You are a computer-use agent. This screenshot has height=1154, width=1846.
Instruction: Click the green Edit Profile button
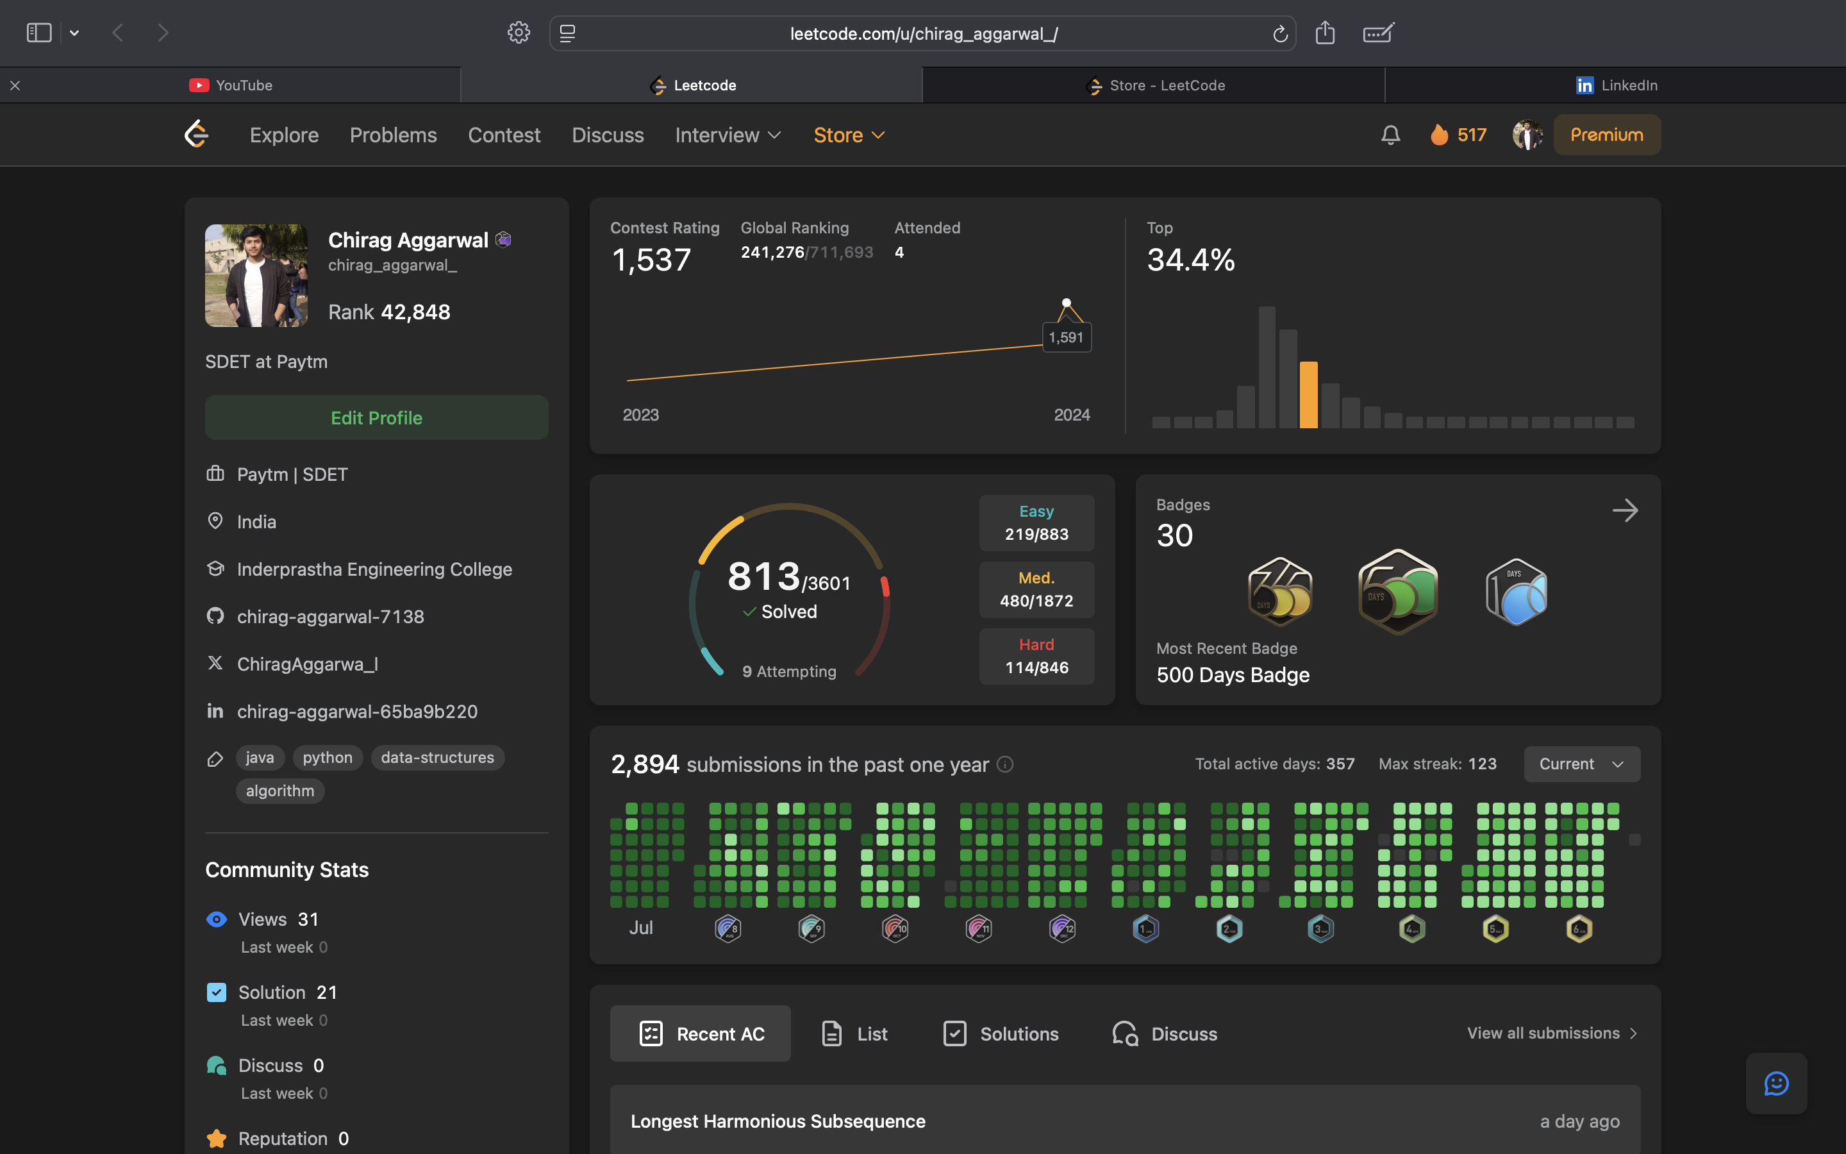tap(376, 417)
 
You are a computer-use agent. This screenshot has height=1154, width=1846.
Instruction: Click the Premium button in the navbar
tap(1606, 135)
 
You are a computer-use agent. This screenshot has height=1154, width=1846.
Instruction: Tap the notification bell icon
tap(1390, 135)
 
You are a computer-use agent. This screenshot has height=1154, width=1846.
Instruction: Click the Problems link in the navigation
tap(393, 135)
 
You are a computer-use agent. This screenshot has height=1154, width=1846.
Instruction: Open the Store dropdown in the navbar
tap(848, 135)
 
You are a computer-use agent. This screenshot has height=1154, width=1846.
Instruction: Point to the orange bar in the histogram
tap(1308, 394)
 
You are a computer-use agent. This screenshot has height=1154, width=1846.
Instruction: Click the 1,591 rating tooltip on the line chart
tap(1066, 337)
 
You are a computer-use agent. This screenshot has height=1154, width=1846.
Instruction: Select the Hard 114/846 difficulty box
tap(1036, 656)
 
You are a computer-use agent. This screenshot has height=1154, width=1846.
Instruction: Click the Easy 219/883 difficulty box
tap(1036, 523)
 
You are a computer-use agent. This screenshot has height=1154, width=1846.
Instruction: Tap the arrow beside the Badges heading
tap(1625, 510)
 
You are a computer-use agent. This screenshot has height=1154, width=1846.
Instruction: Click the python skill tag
tap(328, 758)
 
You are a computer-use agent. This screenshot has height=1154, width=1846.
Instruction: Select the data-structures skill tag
tap(437, 758)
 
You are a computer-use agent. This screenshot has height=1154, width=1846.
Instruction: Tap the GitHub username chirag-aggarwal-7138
tap(330, 617)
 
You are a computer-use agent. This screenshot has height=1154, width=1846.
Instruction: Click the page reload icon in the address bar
tap(1280, 33)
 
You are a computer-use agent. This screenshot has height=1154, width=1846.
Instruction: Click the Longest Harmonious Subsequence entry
tap(777, 1121)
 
